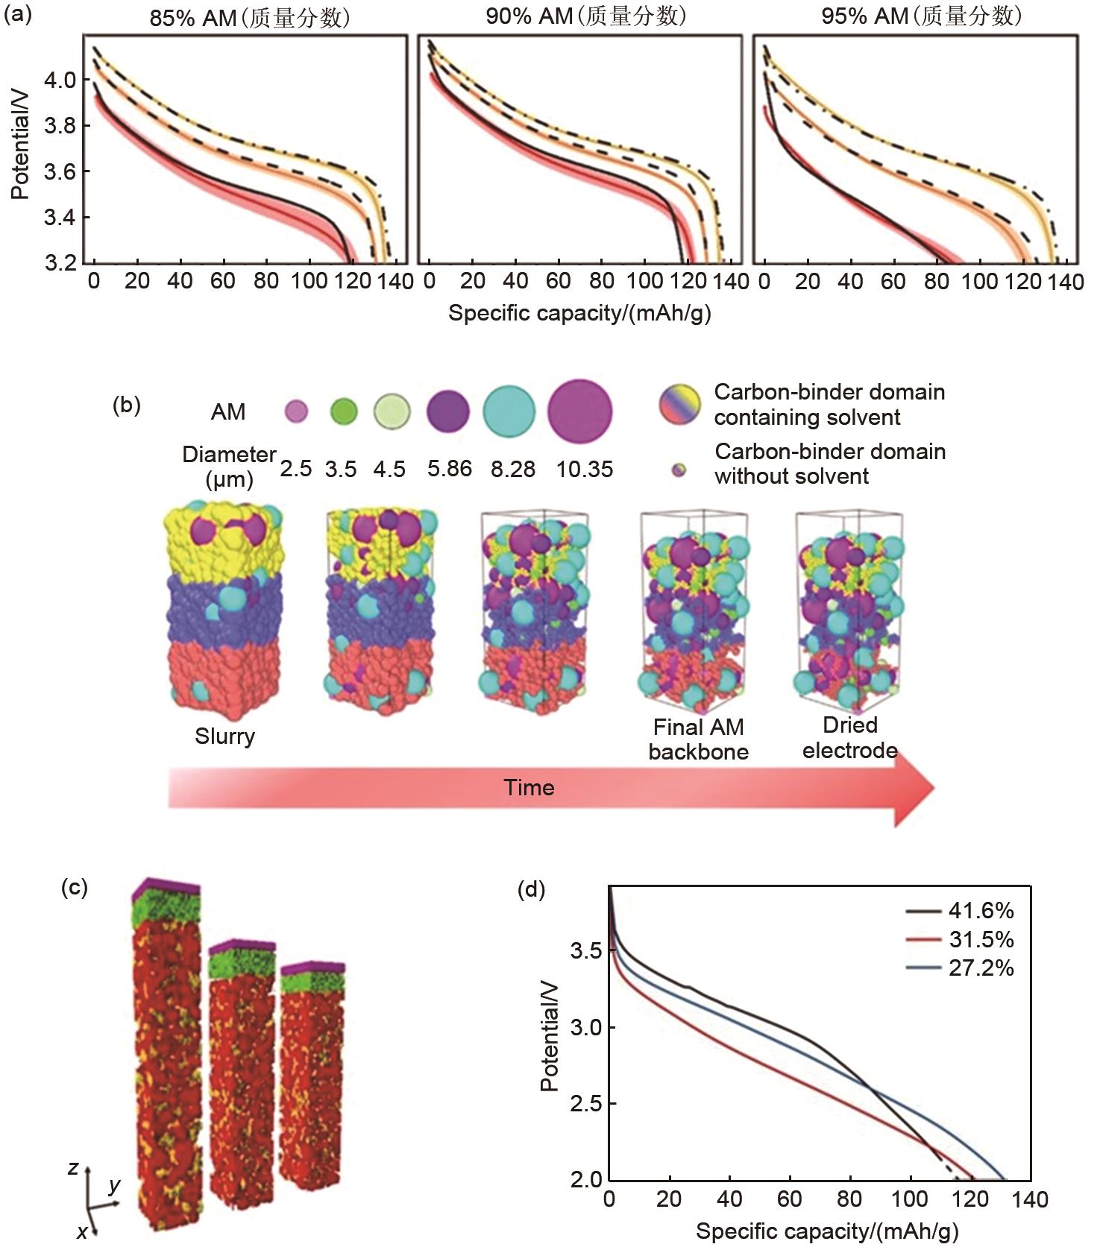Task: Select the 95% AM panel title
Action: coord(921,16)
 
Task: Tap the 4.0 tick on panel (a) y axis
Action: coord(60,80)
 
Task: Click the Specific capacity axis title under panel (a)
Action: coord(579,313)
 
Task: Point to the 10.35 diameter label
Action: coord(585,469)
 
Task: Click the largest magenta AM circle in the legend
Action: coord(580,411)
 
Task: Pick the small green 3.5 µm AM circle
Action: coord(343,411)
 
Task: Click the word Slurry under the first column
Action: coord(224,736)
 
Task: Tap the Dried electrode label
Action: coord(849,737)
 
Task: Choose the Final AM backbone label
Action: coord(698,739)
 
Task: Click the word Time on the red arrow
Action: coord(529,788)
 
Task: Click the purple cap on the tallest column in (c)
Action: coord(166,886)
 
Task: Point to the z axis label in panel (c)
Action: coord(73,1167)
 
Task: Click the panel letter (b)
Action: coord(126,405)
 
